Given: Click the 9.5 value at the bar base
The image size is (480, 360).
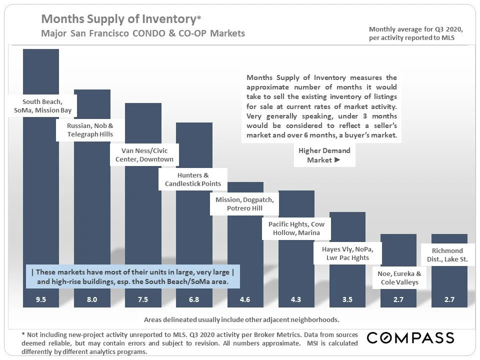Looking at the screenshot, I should point(41,300).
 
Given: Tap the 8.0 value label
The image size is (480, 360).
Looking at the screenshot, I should point(92,300).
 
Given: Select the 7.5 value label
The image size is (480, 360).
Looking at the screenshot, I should point(143,300).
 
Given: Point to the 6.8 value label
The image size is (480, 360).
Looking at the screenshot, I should point(194,300).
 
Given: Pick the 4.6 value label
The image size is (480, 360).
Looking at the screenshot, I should point(245,300).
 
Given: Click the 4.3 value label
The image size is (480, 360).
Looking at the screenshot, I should point(296,300).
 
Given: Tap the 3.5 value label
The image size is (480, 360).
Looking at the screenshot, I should point(347,300).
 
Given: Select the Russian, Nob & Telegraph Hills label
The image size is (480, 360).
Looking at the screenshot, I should point(90,130).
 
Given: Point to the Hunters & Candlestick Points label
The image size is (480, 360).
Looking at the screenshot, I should point(193,180).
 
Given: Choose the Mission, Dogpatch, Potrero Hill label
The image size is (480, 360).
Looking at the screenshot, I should point(245,204).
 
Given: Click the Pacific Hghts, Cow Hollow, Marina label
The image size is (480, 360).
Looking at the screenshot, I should point(296,228).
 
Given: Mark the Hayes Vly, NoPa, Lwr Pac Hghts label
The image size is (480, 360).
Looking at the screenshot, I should point(347,253).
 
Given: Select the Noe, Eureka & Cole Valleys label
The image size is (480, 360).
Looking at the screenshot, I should point(398,278).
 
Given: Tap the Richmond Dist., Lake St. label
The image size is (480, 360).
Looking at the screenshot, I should point(447,254).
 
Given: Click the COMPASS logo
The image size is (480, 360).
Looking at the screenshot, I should point(410,337).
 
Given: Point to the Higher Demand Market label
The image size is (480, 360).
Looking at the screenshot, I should point(324,155).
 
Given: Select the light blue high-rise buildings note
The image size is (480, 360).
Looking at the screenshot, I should point(132,277).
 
